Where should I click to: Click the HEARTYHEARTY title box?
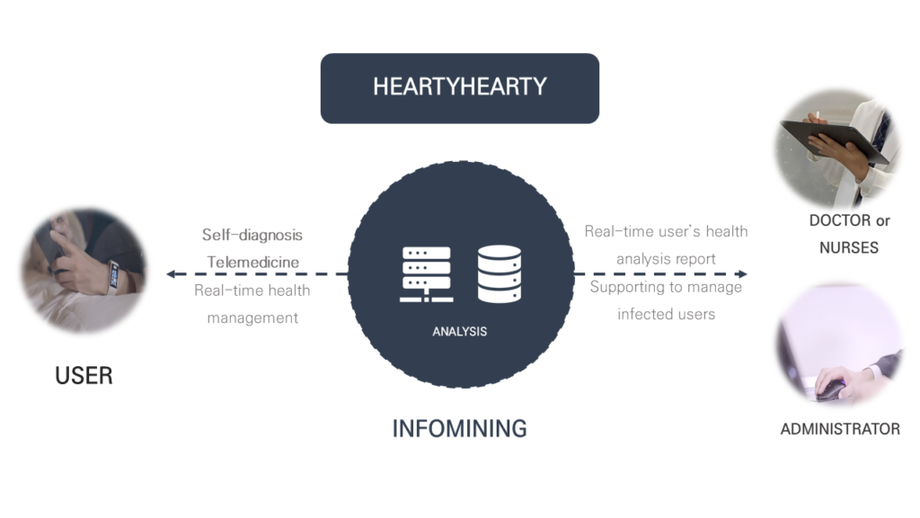coord(459,87)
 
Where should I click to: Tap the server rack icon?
coord(427,273)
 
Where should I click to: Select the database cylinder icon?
coord(500,273)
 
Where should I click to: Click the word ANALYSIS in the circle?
coord(459,331)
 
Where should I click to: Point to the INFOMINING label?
coord(459,428)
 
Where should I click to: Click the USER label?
coord(84,375)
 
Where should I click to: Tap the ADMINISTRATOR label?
coord(840,429)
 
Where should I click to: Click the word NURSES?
coord(848,247)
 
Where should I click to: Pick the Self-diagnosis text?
coord(252,235)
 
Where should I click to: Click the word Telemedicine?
coord(252,263)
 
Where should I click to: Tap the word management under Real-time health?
coord(252,317)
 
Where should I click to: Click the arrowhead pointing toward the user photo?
coord(172,273)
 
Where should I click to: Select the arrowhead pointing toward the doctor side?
coord(742,273)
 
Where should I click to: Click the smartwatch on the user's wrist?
coord(114,274)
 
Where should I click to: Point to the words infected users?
coord(666,314)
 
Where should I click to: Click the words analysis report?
coord(666,259)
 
